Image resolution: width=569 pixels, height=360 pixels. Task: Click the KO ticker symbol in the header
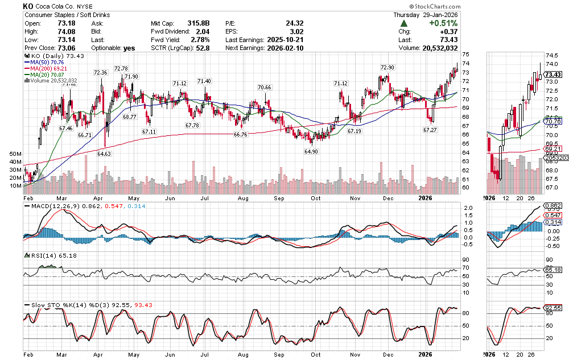click(28, 6)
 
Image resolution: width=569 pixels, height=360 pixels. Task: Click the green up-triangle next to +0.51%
click(404, 23)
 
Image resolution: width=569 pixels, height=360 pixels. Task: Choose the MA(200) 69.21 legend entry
click(48, 68)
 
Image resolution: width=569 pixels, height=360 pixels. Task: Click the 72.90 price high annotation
click(386, 67)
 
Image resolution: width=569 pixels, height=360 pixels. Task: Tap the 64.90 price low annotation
click(311, 151)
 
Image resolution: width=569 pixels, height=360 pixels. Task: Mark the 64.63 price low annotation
click(104, 154)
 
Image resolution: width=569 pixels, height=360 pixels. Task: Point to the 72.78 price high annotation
click(121, 68)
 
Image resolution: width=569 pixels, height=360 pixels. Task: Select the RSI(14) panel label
click(38, 255)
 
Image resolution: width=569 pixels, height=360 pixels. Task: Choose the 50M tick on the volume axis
click(16, 154)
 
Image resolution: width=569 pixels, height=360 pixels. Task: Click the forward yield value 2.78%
click(200, 40)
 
